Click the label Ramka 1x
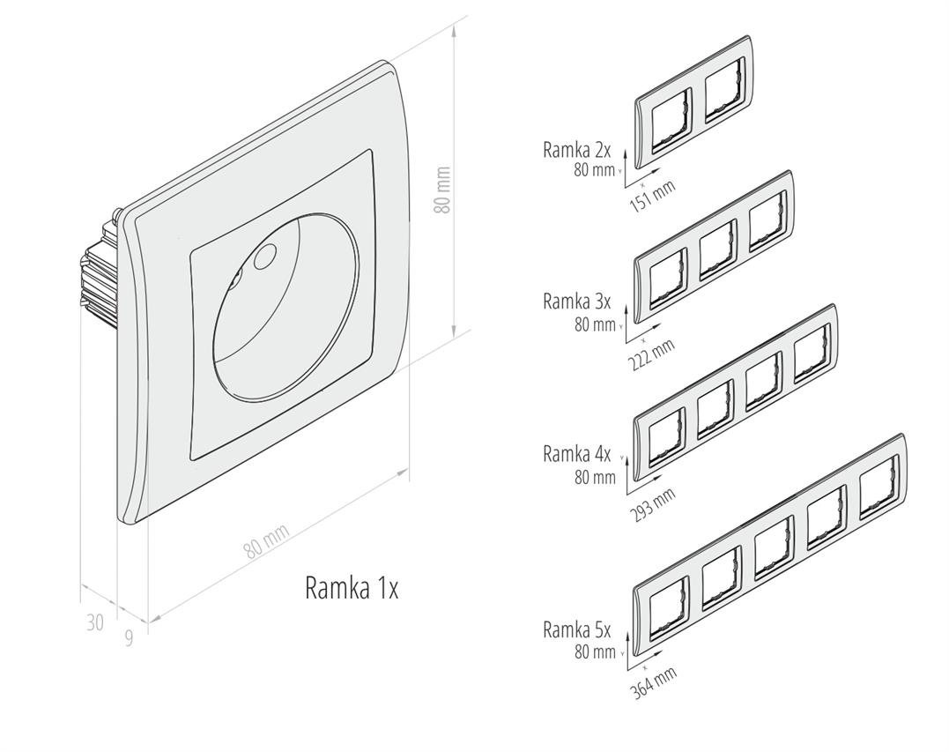[352, 588]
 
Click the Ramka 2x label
[577, 150]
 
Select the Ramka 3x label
[577, 302]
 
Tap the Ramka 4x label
[577, 455]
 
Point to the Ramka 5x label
[577, 629]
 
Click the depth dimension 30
[95, 623]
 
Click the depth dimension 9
[129, 637]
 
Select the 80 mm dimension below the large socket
[266, 540]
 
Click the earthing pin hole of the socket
[262, 258]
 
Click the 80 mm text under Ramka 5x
[595, 652]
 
